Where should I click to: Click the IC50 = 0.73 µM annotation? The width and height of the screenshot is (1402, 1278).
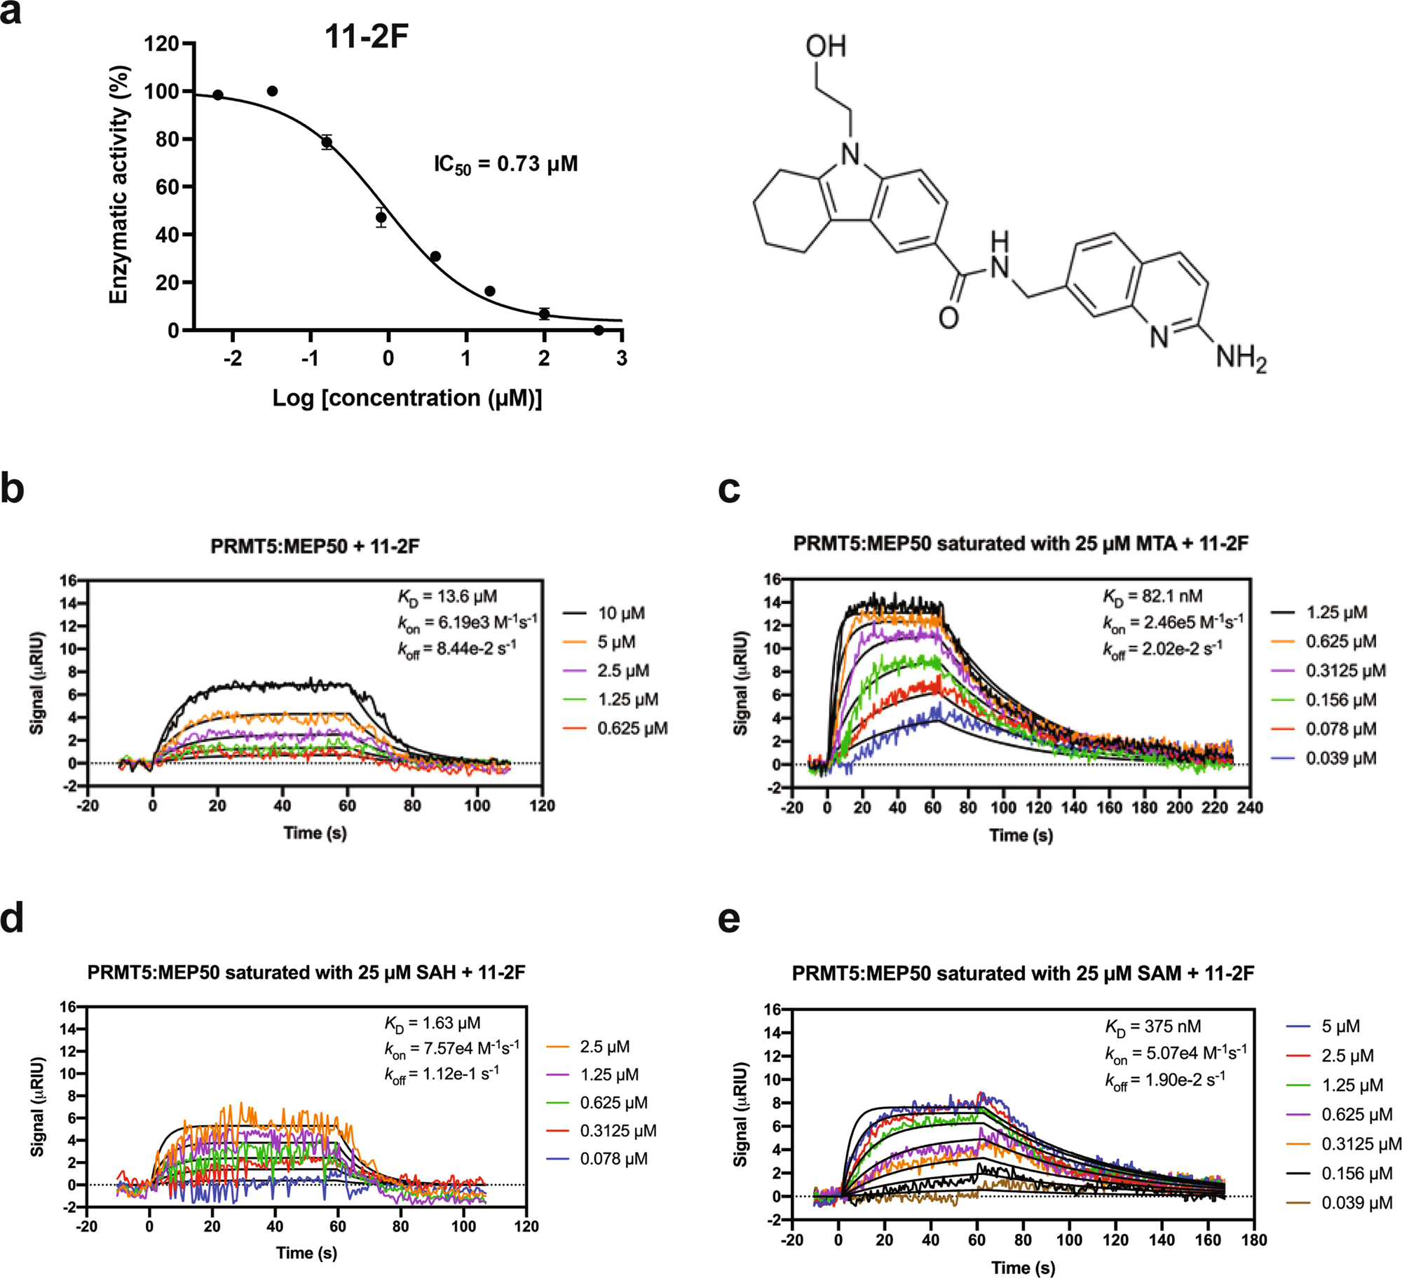[x=505, y=165]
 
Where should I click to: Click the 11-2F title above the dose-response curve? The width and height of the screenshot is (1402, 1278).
[x=366, y=36]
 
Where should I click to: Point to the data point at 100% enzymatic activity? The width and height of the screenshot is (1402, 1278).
[x=273, y=91]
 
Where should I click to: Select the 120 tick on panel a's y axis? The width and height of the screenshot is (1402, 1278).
[x=161, y=44]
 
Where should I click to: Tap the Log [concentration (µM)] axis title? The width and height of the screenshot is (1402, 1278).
[x=407, y=398]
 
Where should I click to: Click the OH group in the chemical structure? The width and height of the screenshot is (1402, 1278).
[x=825, y=47]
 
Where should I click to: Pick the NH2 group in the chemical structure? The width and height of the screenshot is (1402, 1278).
[x=1240, y=358]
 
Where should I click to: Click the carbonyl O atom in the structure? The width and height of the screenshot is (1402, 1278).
[x=948, y=318]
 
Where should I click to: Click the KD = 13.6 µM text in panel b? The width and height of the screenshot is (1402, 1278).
[x=448, y=597]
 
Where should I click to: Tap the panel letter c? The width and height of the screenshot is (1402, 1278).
[x=729, y=489]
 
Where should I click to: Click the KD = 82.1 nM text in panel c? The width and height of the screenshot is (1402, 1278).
[x=1152, y=596]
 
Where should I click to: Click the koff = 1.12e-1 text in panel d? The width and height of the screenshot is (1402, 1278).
[x=441, y=1074]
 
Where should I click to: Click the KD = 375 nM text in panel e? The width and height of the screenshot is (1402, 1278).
[x=1152, y=1027]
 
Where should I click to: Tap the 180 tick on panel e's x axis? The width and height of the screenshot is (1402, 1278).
[x=1253, y=1240]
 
